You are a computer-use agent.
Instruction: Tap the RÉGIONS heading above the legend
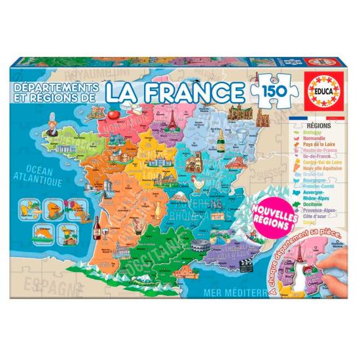tap(298, 122)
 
